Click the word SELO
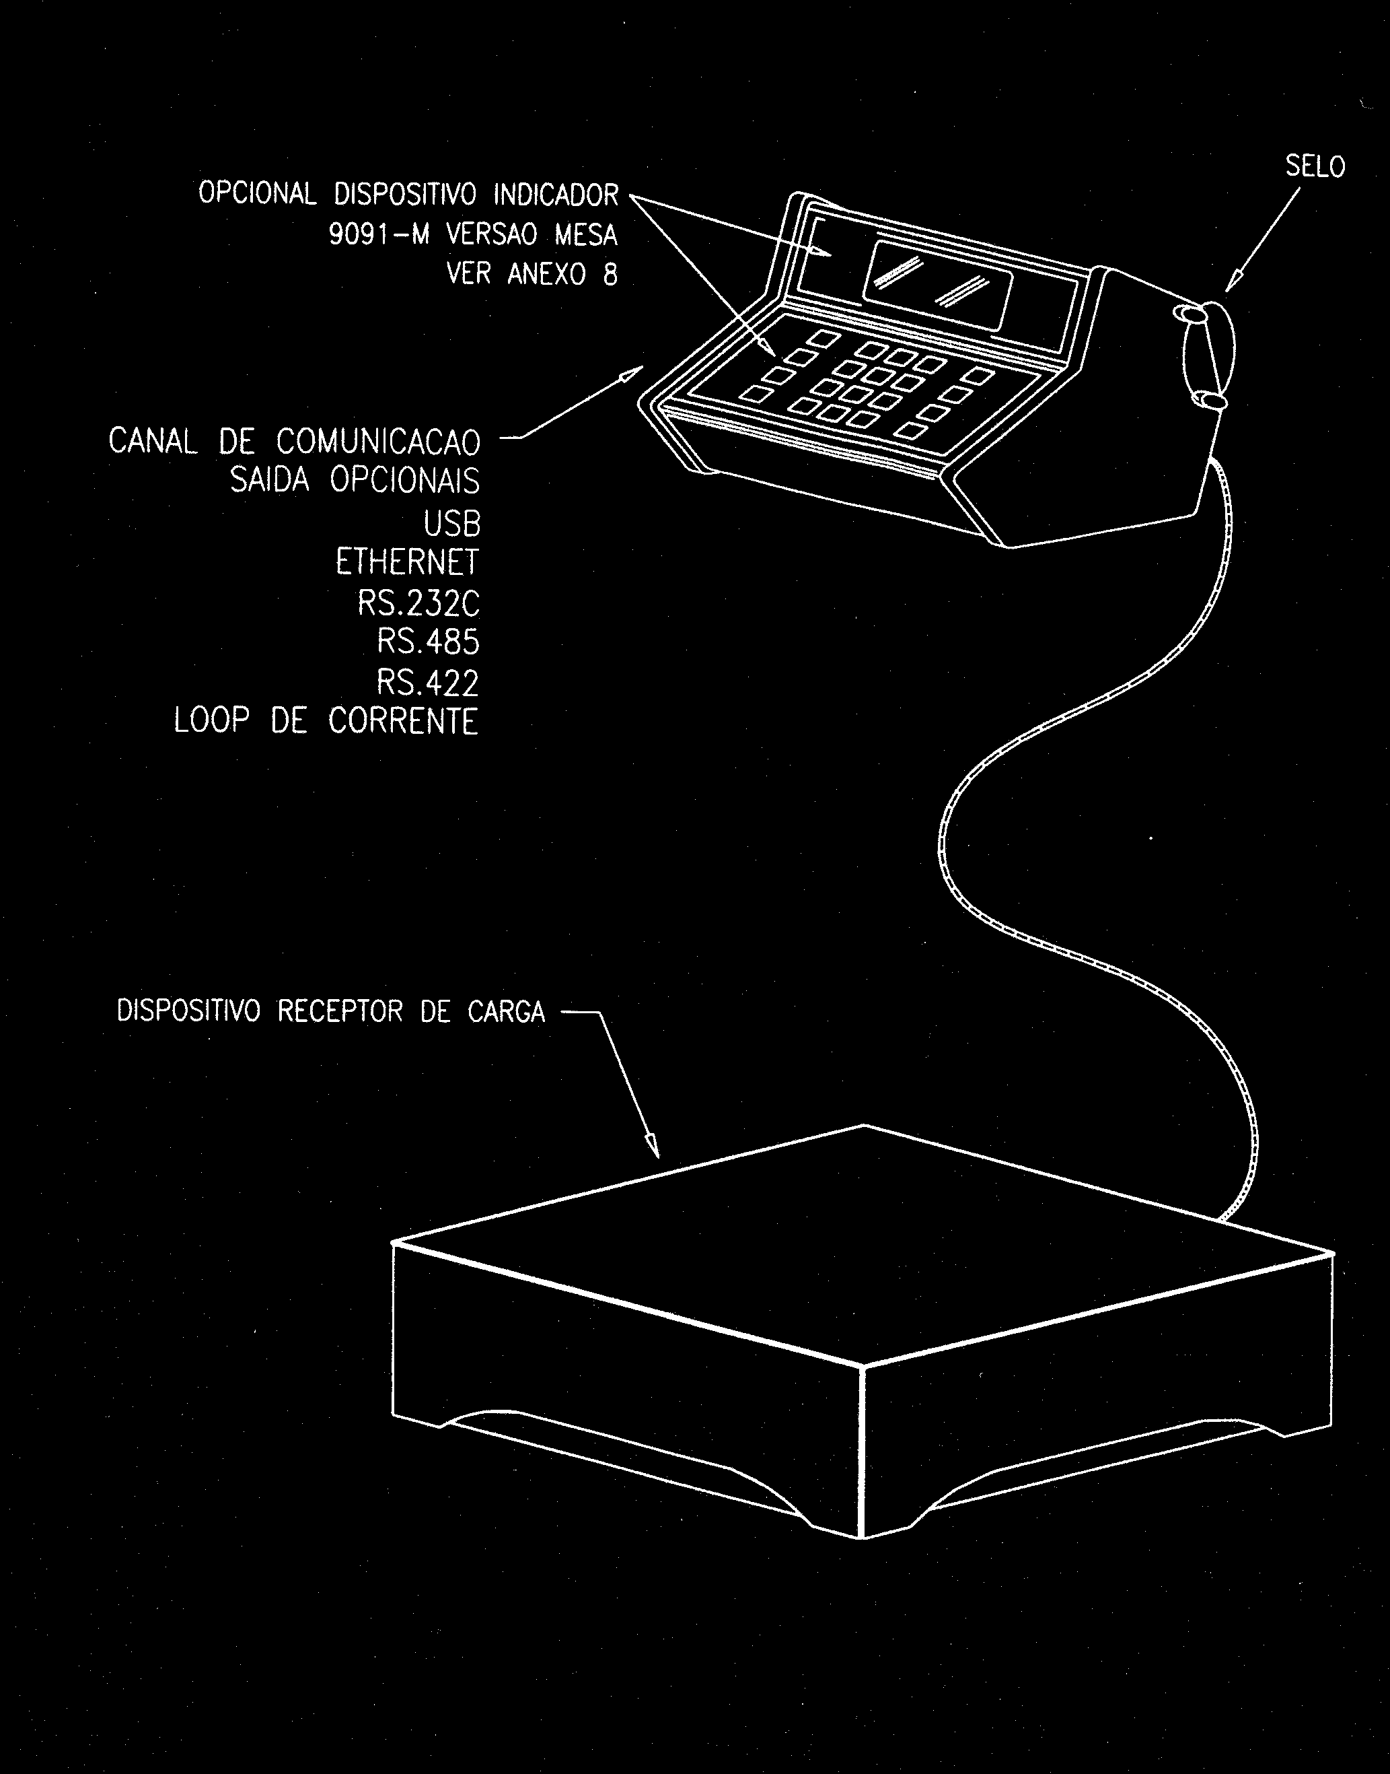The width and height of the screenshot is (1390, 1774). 1315,167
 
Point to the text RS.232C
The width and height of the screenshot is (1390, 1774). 418,603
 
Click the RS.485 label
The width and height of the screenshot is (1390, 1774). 428,642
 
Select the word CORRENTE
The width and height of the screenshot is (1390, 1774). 404,721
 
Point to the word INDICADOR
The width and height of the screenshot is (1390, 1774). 556,195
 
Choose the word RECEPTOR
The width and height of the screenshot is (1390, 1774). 340,1011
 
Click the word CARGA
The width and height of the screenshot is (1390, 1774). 506,1011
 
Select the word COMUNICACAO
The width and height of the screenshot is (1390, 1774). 378,442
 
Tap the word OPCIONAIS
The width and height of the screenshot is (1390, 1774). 404,481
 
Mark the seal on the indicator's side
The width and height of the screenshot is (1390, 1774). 1208,355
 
